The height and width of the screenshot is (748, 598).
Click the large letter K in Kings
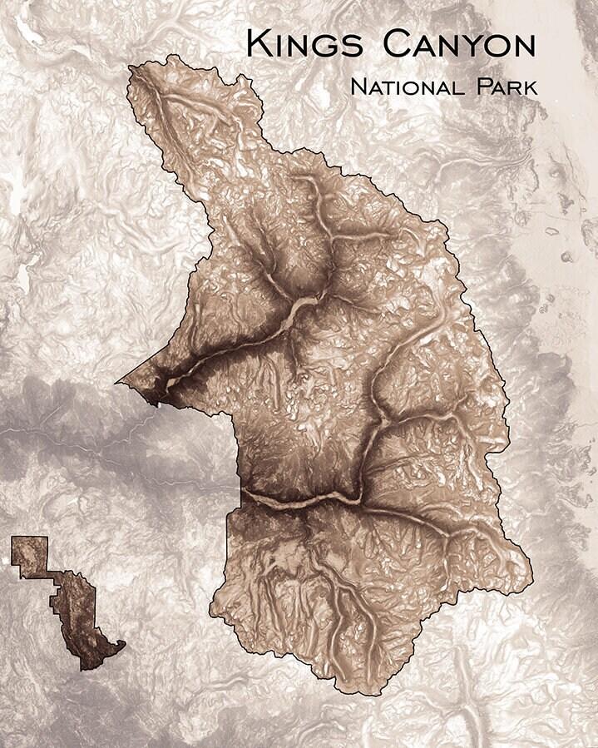pos(257,43)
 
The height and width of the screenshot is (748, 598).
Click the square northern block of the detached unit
pos(30,556)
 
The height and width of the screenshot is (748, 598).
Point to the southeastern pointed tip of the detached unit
pos(123,644)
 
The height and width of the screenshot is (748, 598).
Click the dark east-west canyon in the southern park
pos(299,499)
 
